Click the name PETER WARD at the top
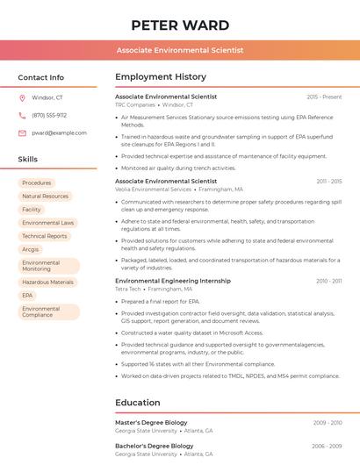tap(180, 25)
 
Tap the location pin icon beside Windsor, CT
tap(22, 98)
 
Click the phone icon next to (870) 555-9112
tap(22, 115)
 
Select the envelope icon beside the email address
tap(22, 133)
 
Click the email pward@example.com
tap(59, 133)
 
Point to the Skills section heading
tap(28, 160)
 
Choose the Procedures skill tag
tap(37, 183)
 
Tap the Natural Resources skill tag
tap(45, 197)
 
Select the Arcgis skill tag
tap(31, 249)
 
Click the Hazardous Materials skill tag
tap(47, 283)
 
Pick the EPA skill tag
tap(27, 296)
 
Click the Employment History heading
tap(161, 77)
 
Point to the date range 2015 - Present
tap(324, 97)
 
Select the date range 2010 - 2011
tap(328, 281)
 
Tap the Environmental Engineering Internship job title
tap(173, 281)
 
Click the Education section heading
tap(138, 404)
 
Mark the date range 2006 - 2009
tap(327, 446)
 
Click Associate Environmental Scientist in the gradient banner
tap(180, 51)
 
